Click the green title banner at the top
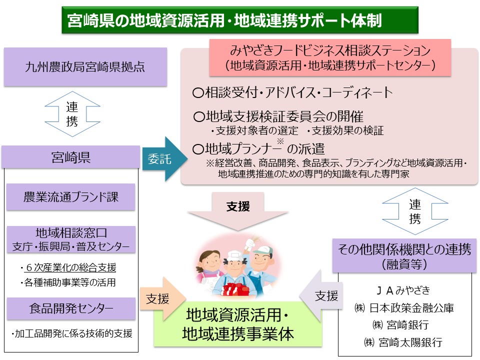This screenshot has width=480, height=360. [x=239, y=20]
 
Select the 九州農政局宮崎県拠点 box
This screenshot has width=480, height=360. [x=85, y=66]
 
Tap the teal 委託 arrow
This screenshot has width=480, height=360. [x=164, y=159]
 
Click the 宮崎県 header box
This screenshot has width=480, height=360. [x=71, y=157]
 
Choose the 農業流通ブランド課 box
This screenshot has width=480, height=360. [x=70, y=197]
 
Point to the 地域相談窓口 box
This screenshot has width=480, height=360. [x=71, y=239]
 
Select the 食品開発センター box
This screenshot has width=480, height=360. [x=71, y=308]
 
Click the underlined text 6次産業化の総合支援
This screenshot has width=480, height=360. [x=70, y=267]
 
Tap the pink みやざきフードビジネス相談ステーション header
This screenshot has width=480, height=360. [x=330, y=57]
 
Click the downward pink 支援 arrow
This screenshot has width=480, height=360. [x=238, y=211]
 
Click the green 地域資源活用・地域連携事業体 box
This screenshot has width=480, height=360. [x=238, y=324]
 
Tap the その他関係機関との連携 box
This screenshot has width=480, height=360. [x=404, y=256]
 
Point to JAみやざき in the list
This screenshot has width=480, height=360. [x=403, y=290]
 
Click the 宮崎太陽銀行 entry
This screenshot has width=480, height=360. [x=403, y=342]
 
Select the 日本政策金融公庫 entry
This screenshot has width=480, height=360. [x=404, y=307]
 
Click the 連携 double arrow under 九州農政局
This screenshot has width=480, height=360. [x=72, y=114]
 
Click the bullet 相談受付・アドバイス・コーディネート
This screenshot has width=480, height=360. [x=292, y=92]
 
